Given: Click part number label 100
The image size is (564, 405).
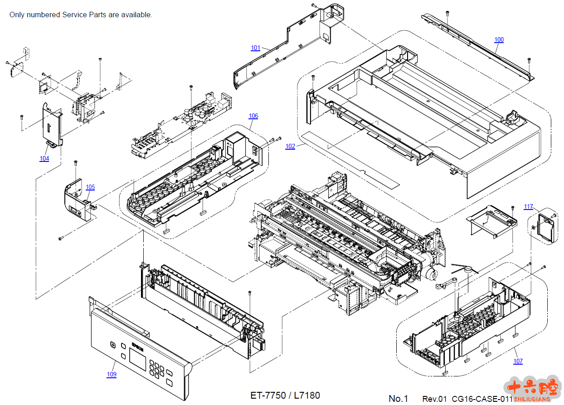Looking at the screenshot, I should [499, 40].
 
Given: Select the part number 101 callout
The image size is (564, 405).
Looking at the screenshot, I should [256, 48].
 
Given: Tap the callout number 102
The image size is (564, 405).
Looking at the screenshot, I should [290, 146].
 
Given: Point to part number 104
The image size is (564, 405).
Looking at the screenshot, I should [44, 159].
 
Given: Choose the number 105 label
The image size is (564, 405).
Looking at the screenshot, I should [90, 187].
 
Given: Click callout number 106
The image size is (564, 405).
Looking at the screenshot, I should [253, 116].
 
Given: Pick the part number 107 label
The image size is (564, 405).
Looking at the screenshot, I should [518, 361].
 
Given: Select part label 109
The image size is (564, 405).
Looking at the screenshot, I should [112, 375].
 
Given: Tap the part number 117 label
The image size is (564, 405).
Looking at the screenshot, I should [529, 207].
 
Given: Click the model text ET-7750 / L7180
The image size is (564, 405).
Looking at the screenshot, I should [285, 395].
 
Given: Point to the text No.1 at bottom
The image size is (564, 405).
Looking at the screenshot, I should [399, 399].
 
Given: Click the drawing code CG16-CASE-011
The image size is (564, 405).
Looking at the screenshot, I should [482, 399].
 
